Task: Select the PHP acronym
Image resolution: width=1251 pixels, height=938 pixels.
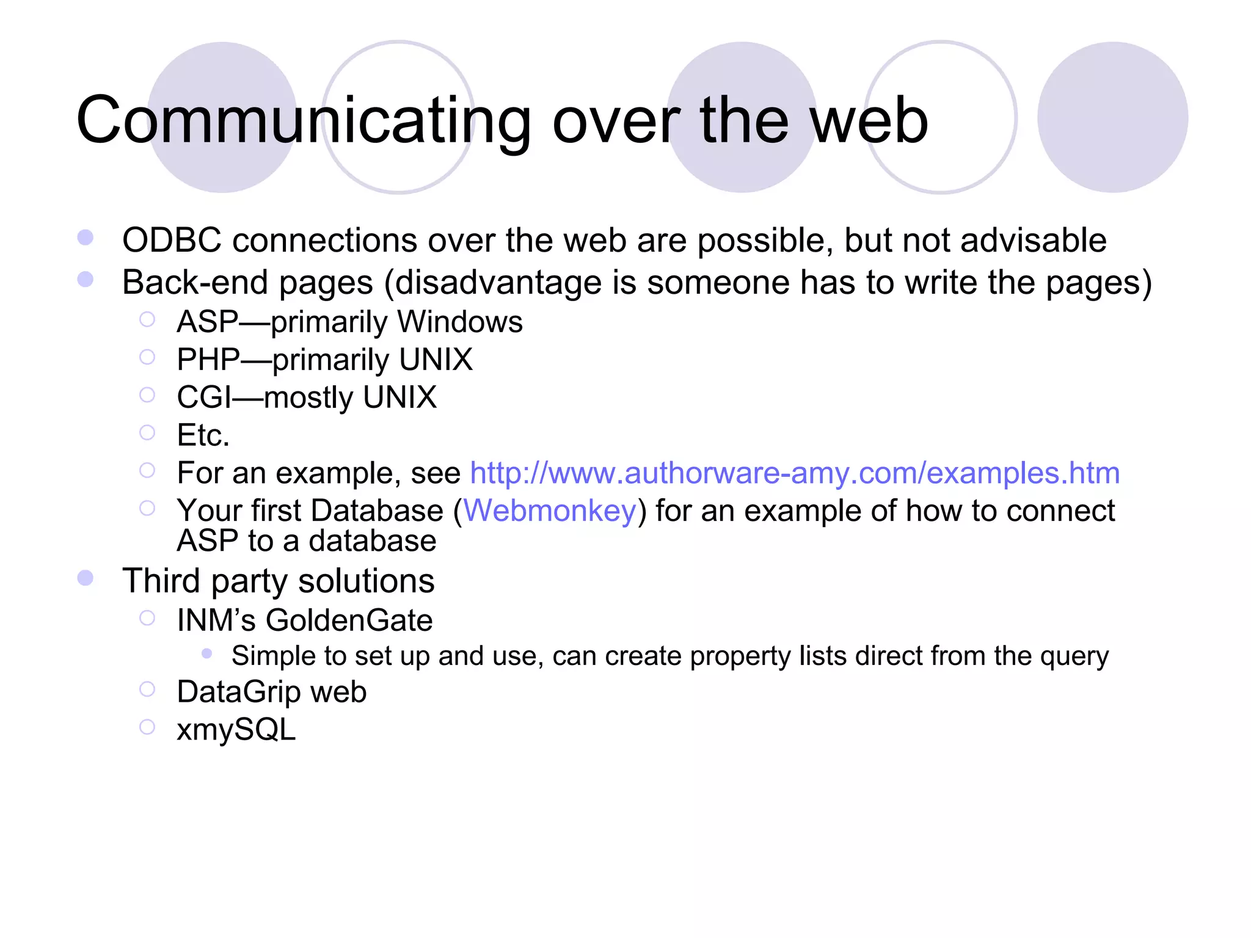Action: [x=208, y=360]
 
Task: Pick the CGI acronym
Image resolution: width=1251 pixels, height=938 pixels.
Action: [x=204, y=398]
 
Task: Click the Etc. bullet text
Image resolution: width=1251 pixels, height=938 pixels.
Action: [x=203, y=435]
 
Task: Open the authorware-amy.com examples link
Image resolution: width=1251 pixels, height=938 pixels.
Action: [x=795, y=473]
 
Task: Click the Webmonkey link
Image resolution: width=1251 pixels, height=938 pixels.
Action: [x=550, y=511]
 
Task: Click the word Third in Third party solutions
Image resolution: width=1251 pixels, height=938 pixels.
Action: [x=161, y=580]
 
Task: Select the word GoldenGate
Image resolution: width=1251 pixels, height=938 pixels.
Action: [x=349, y=620]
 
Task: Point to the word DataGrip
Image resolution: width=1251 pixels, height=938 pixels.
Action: [x=238, y=692]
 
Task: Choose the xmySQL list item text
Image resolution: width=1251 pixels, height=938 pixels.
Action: [x=236, y=730]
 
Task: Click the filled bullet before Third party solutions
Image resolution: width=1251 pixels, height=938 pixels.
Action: [x=86, y=578]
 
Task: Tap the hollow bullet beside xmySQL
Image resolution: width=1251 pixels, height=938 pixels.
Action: [x=147, y=727]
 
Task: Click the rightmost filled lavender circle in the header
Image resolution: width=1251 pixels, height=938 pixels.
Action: [x=1112, y=117]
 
